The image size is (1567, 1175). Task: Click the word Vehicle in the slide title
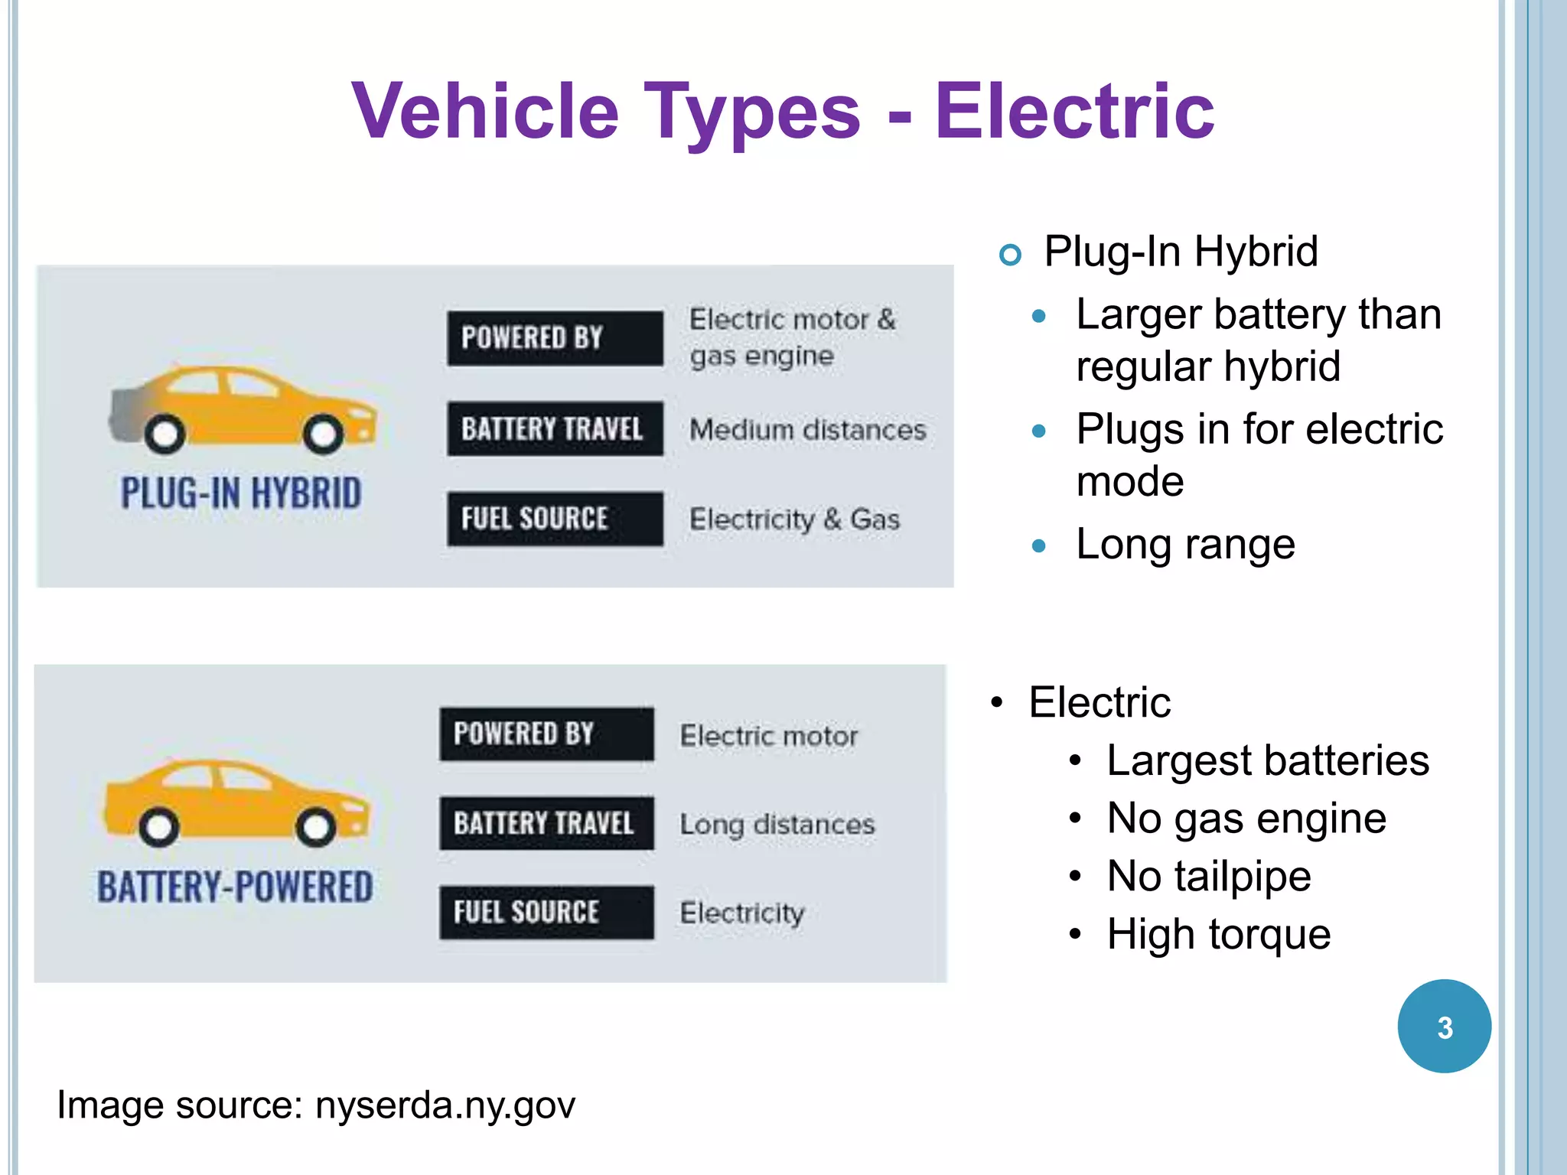(485, 112)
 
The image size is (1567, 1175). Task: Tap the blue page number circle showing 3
(1444, 1027)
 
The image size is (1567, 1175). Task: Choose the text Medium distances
(807, 430)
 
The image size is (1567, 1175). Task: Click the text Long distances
(777, 825)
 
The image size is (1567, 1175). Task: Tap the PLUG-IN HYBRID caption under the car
(241, 493)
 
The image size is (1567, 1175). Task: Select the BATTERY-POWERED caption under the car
(235, 887)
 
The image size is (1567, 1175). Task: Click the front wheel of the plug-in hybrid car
(323, 435)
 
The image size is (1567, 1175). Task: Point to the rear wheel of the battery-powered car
(159, 827)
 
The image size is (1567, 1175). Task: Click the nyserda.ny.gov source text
(445, 1105)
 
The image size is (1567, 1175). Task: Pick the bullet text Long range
(1185, 545)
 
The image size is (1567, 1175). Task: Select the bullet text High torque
(1218, 935)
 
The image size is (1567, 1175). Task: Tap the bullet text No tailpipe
(1208, 877)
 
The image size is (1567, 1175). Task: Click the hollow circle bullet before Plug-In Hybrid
(1010, 254)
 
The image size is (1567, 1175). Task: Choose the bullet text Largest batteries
(1267, 760)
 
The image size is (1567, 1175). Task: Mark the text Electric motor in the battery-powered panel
(768, 736)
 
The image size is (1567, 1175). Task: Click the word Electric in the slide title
(1073, 112)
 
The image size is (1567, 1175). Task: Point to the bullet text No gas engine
(1246, 819)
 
